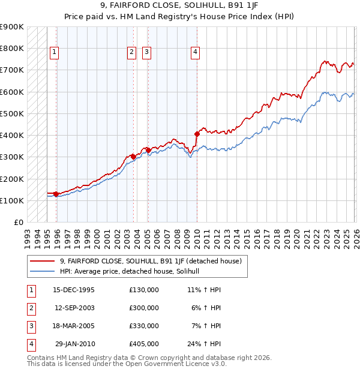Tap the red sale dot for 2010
pyautogui.click(x=197, y=134)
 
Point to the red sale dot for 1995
pyautogui.click(x=56, y=194)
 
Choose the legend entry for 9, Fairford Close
pyautogui.click(x=150, y=261)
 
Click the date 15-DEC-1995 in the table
pyautogui.click(x=74, y=290)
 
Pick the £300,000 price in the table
pyautogui.click(x=144, y=308)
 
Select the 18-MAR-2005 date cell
pyautogui.click(x=74, y=326)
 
